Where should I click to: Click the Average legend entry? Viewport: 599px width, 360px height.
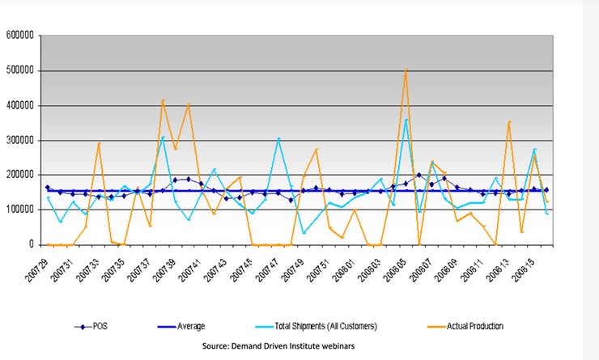[191, 327]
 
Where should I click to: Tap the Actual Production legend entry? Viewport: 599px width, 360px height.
[475, 327]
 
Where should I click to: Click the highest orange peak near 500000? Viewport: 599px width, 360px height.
[406, 70]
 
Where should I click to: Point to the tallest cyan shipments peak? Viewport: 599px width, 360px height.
[406, 120]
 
